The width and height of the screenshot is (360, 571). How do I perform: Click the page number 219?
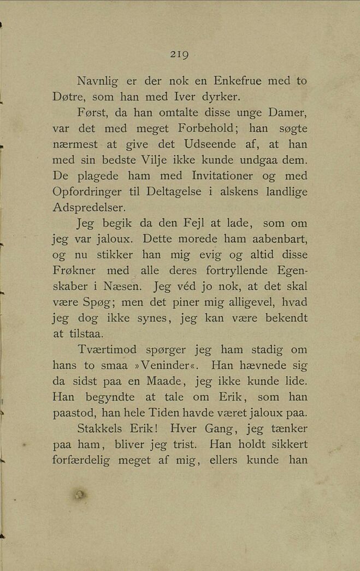click(x=179, y=55)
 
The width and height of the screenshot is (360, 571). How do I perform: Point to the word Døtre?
click(x=69, y=97)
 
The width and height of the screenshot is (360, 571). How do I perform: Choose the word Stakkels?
click(x=103, y=428)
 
